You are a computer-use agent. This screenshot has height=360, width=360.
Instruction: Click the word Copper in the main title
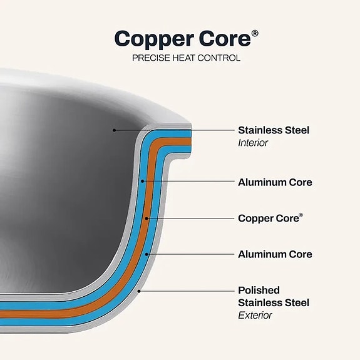coord(154,39)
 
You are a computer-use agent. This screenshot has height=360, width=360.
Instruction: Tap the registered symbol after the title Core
coord(255,34)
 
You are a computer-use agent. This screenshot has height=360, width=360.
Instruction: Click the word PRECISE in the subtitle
coord(151,58)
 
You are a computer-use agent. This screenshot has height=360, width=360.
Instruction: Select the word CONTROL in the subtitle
coord(219,58)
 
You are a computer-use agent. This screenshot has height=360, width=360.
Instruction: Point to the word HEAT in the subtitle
coord(183,58)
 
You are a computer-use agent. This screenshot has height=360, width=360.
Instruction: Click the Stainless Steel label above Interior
coord(274,130)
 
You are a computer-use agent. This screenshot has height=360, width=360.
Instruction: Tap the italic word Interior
coord(253,143)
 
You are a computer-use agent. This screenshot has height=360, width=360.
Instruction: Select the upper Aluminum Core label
coord(275,182)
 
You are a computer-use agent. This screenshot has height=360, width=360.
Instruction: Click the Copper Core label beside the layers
coord(270,218)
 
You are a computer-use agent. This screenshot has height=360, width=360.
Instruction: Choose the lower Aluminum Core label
coord(275,254)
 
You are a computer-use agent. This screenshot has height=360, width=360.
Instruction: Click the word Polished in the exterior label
coord(259,291)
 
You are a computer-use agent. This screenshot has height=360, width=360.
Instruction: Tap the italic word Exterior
coord(255,315)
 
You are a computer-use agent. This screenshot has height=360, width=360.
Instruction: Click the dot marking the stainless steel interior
coord(114,130)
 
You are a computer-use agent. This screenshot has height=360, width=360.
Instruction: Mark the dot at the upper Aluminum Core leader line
coord(142,181)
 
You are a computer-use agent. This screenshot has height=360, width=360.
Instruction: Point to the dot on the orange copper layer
coord(147,219)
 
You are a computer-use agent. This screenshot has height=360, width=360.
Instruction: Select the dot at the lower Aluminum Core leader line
coord(147,254)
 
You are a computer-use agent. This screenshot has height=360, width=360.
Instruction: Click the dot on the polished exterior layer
coord(139,291)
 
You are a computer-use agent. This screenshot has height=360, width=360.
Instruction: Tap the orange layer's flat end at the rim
coord(190,141)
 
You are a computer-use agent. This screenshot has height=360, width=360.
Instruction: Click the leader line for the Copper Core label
coord(190,219)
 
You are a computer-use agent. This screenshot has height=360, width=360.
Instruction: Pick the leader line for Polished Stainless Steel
coord(187,291)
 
